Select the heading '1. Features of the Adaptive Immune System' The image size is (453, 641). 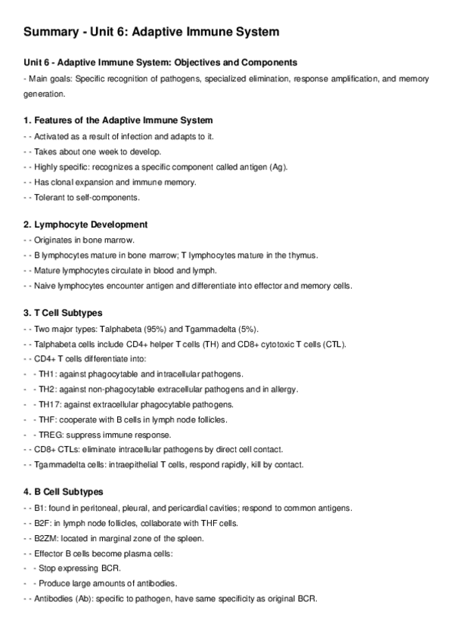click(x=117, y=120)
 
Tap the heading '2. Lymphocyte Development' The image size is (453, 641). click(x=85, y=225)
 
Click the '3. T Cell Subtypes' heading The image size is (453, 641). click(x=63, y=313)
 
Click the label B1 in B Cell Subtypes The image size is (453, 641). click(x=40, y=508)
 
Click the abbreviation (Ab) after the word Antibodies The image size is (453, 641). click(x=88, y=598)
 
